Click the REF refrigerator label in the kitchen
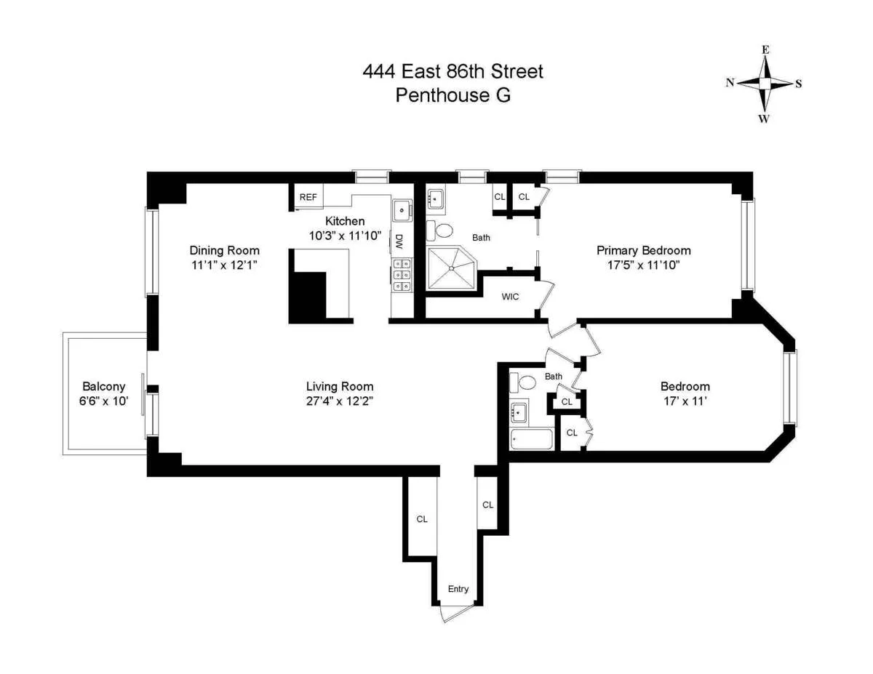308,197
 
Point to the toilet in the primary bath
441,230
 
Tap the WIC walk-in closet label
510,297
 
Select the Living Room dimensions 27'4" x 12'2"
339,401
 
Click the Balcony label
104,387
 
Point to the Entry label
458,589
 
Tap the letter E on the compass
765,50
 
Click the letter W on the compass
764,119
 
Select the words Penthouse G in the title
453,95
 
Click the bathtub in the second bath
531,439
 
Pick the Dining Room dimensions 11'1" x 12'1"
225,265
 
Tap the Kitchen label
345,221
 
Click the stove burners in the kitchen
399,276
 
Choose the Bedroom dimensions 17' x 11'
685,401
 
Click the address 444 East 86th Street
453,71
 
